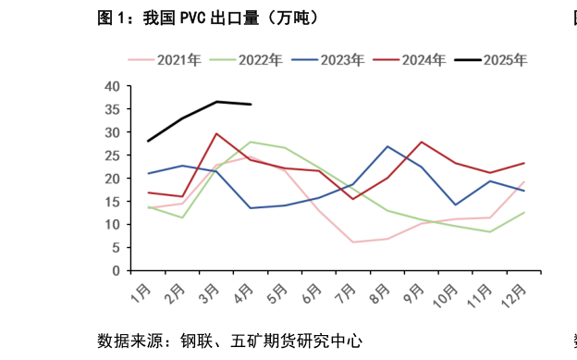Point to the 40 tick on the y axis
pos(112,86)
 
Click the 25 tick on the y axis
pos(112,155)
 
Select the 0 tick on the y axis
pos(116,271)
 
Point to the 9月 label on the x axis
pos(415,294)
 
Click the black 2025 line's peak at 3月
pos(216,102)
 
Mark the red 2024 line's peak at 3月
pos(216,133)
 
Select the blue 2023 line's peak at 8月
pos(387,146)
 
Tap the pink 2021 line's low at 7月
pos(353,242)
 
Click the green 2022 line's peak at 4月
pos(251,142)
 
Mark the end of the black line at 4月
pos(251,105)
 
